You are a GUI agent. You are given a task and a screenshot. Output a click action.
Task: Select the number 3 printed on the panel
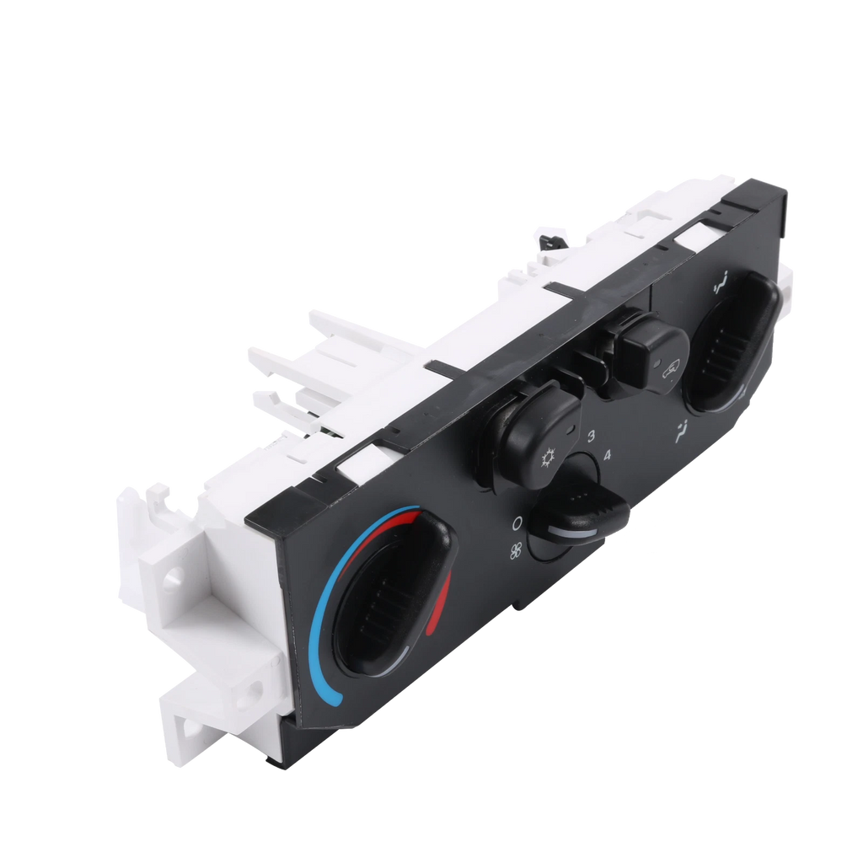coord(591,436)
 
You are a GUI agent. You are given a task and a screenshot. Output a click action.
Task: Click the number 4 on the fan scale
coord(607,455)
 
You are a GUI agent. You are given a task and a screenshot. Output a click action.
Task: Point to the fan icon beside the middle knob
coord(516,550)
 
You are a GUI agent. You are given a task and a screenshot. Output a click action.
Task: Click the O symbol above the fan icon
coord(517,523)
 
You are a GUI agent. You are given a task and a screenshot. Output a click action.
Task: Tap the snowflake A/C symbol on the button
coord(548,458)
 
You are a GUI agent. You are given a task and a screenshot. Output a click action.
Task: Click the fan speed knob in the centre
coord(578,512)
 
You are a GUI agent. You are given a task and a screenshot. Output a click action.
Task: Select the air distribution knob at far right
coord(732,341)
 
